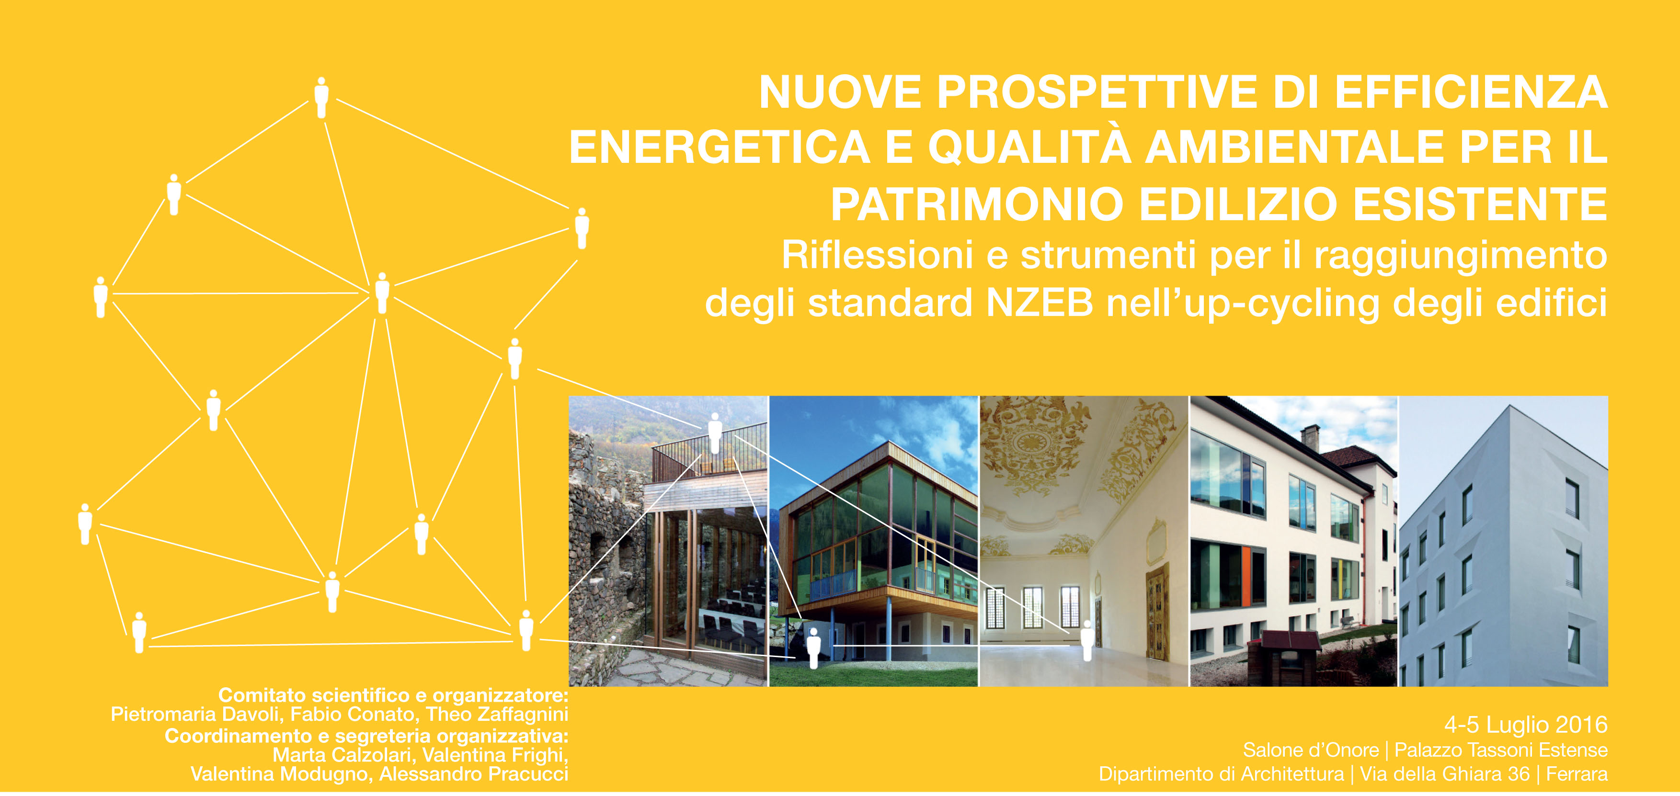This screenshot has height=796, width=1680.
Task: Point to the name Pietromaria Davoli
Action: [x=197, y=715]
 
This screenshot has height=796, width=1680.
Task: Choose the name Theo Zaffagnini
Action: [x=497, y=715]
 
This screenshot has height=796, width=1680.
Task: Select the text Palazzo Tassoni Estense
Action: [x=1501, y=751]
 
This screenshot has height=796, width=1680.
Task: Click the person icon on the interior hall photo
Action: [x=1086, y=640]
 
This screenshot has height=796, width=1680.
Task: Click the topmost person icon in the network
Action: [x=321, y=98]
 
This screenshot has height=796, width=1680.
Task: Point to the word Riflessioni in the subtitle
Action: [x=877, y=254]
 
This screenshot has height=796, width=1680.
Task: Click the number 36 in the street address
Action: [x=1518, y=774]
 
